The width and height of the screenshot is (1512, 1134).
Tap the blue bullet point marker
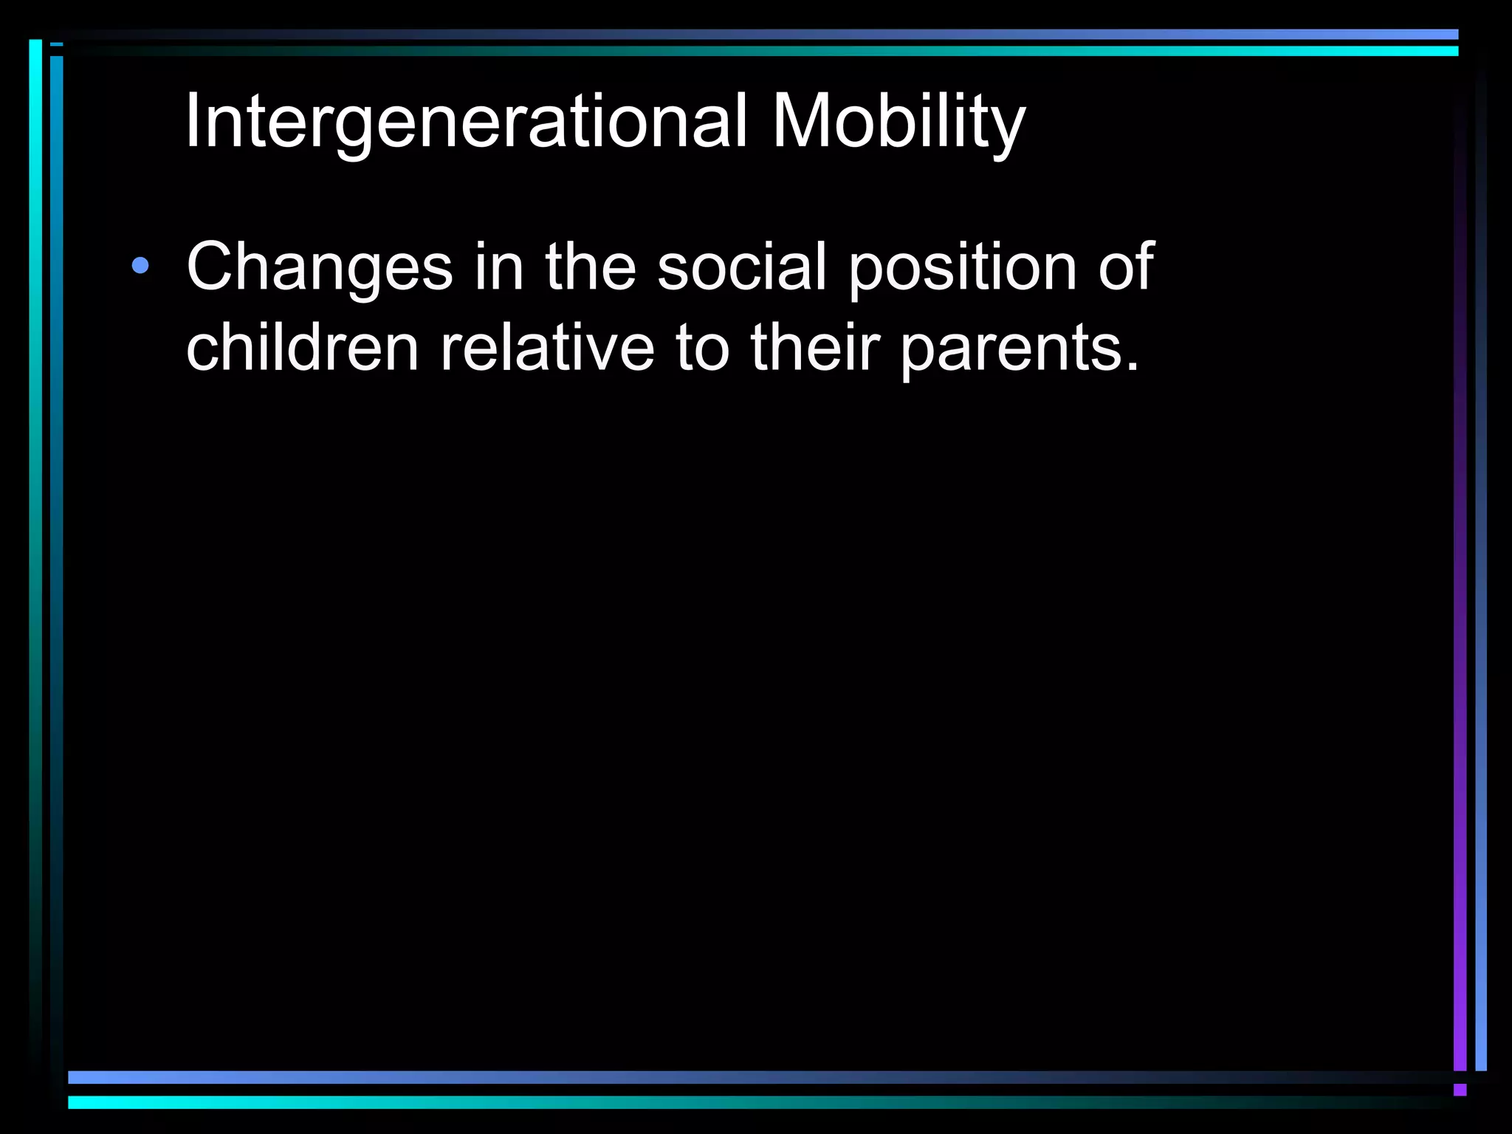pos(140,266)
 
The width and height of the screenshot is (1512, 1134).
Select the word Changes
pos(319,267)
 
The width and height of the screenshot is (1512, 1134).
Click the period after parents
pos(1133,365)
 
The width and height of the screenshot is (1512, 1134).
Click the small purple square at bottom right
pos(1460,1090)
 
